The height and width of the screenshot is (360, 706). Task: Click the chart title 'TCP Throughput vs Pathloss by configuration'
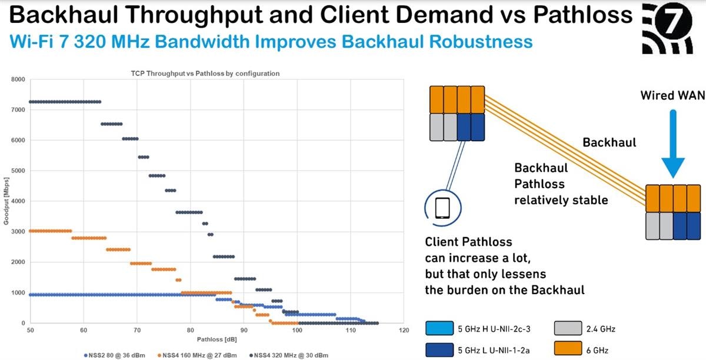point(205,74)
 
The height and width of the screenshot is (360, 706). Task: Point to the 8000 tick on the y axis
point(18,79)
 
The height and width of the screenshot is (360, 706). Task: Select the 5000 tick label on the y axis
point(18,171)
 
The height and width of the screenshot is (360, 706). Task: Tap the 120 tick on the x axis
point(404,330)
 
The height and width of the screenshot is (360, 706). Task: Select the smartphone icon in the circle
point(442,208)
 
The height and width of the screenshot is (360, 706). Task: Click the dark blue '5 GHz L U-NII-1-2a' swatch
point(439,349)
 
